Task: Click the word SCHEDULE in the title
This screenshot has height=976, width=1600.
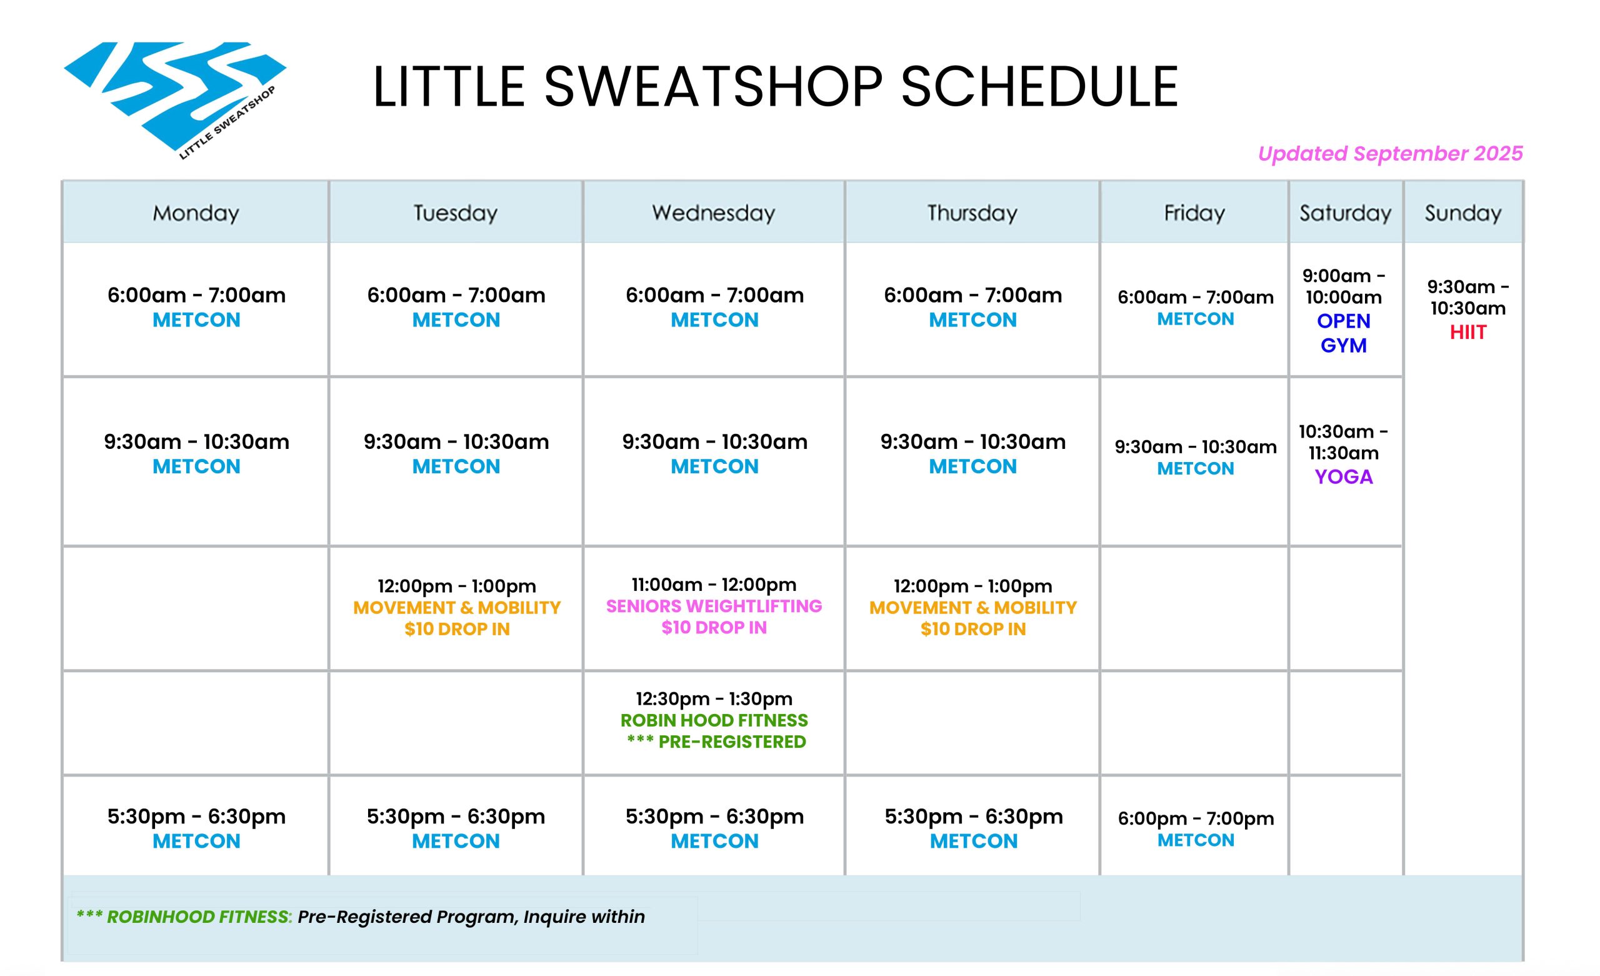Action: tap(1039, 86)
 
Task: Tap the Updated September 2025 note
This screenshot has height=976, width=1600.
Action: tap(1390, 153)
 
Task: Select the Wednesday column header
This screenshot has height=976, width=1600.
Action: tap(714, 213)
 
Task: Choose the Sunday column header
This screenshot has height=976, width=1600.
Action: tap(1463, 213)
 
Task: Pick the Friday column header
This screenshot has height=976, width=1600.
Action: tap(1194, 213)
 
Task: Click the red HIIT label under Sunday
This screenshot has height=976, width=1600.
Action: tap(1467, 332)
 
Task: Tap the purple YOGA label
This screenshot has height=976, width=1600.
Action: tap(1344, 477)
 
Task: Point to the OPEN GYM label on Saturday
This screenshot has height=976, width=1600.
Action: tap(1344, 333)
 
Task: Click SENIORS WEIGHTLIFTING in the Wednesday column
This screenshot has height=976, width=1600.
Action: tap(714, 606)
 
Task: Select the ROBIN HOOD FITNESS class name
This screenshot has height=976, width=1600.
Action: tap(714, 721)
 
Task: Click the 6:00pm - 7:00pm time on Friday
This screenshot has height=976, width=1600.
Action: tap(1196, 818)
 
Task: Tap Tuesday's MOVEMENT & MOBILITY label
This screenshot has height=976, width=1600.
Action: tap(456, 608)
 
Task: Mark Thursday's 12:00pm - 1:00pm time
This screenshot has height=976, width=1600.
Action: tap(972, 586)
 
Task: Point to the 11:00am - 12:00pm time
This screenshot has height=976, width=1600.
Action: tap(714, 585)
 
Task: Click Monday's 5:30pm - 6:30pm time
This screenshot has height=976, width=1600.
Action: tap(196, 817)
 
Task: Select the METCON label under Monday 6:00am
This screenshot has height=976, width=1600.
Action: tap(196, 320)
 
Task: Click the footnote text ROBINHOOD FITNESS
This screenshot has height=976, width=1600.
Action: tap(199, 917)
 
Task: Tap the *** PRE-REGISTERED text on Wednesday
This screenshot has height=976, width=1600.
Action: tap(716, 742)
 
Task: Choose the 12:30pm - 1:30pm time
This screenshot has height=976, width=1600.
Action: tap(714, 699)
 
